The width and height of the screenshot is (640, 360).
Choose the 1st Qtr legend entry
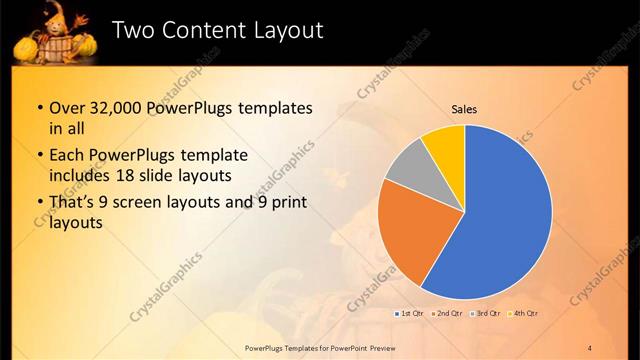click(x=410, y=314)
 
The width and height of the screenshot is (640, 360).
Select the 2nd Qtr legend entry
click(x=447, y=314)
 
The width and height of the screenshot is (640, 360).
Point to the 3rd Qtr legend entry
click(x=485, y=314)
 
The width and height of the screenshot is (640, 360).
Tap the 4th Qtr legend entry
click(x=523, y=314)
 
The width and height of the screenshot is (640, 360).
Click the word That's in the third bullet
click(x=71, y=204)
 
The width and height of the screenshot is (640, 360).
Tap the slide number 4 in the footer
click(x=590, y=347)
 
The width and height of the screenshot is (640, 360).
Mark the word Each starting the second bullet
click(x=66, y=156)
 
